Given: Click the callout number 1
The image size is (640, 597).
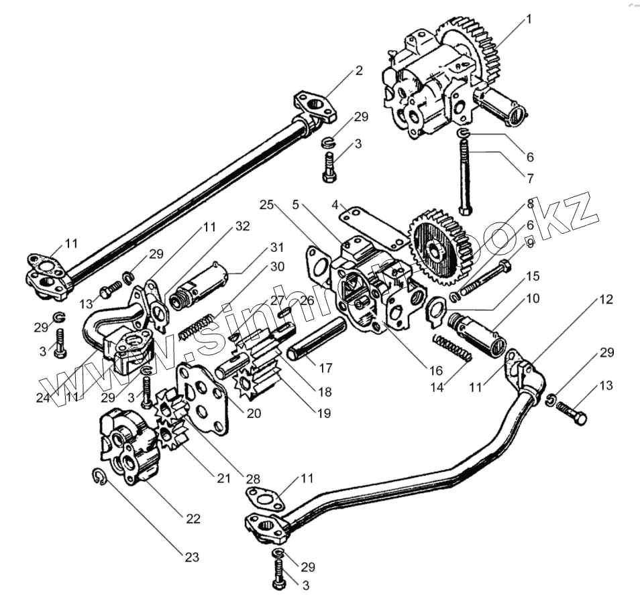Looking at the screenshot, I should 528,19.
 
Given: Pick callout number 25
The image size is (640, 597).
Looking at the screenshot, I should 267,204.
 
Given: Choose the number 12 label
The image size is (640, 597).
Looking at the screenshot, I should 605,300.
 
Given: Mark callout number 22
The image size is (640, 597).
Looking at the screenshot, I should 193,519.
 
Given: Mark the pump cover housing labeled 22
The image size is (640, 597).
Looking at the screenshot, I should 131,446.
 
